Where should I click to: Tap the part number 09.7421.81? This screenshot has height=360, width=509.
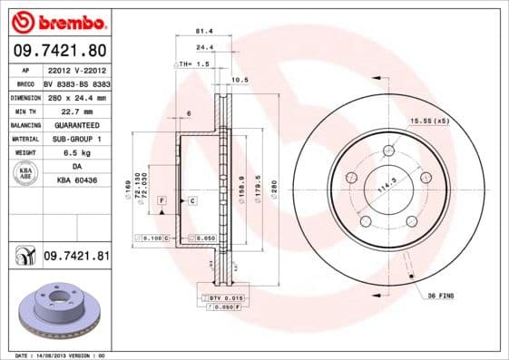(x=75, y=257)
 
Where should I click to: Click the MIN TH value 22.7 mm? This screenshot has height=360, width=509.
(x=76, y=111)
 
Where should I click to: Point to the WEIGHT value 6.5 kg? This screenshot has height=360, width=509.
(x=76, y=153)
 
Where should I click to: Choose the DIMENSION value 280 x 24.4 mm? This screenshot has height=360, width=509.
(x=76, y=97)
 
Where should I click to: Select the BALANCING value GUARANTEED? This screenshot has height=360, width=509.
(x=76, y=124)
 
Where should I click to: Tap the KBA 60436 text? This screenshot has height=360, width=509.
(x=76, y=180)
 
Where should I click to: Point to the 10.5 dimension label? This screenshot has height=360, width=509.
(x=240, y=80)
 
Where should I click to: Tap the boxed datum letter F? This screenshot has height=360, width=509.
(x=162, y=199)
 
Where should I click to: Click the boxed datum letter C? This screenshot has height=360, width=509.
(x=191, y=199)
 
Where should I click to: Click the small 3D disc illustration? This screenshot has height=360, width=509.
(x=59, y=313)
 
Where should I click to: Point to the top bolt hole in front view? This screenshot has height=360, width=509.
(x=388, y=151)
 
